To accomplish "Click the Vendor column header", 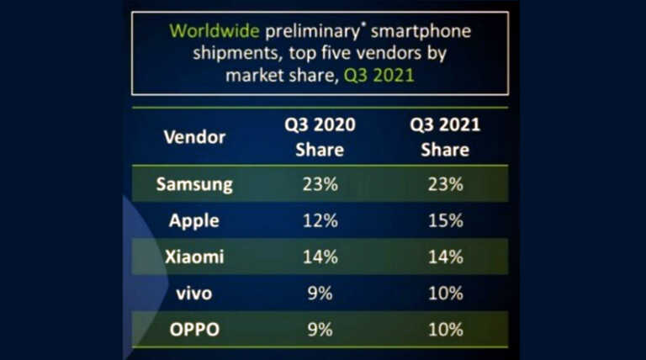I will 194,137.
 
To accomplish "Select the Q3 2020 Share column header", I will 320,137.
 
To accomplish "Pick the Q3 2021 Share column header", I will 444,137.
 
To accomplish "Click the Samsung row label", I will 194,184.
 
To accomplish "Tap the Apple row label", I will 194,220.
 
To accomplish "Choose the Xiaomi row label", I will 194,257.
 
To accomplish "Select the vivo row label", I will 194,293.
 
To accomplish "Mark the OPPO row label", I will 194,329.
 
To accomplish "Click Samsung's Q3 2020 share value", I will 320,184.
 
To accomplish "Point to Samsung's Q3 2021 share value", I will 444,184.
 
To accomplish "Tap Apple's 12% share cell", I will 320,220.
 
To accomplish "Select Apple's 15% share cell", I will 444,220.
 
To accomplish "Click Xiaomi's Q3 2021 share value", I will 444,257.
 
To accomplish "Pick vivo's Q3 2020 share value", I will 320,293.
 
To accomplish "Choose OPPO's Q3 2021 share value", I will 444,329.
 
